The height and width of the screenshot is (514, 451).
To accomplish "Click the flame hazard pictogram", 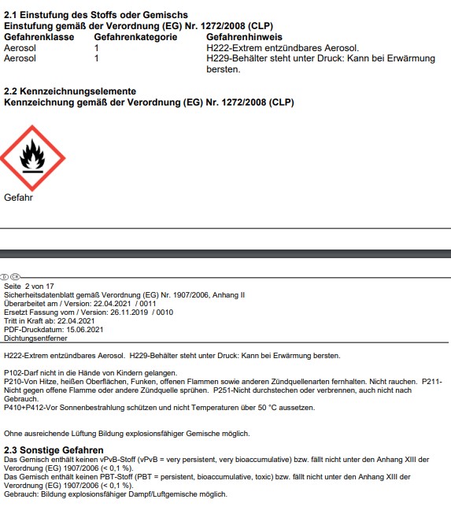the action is tap(31, 157).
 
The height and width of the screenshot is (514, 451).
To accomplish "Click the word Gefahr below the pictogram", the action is tap(19, 198).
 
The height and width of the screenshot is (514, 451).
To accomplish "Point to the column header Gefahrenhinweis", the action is tap(246, 37).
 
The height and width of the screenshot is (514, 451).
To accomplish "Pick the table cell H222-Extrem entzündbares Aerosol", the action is tap(268, 48).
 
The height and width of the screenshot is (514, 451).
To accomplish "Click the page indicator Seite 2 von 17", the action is tap(31, 286).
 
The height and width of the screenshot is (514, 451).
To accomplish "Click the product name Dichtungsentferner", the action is tap(35, 338).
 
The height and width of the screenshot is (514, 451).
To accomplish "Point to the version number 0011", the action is tap(147, 303).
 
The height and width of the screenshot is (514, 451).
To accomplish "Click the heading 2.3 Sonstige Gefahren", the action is tap(54, 450).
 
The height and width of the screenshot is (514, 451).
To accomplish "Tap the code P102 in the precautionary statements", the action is tap(12, 372).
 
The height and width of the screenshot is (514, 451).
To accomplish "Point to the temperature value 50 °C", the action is tap(268, 408).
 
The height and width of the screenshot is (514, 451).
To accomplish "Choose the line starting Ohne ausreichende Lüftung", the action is tap(127, 434).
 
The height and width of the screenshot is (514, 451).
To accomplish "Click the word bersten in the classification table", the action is tap(223, 69).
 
